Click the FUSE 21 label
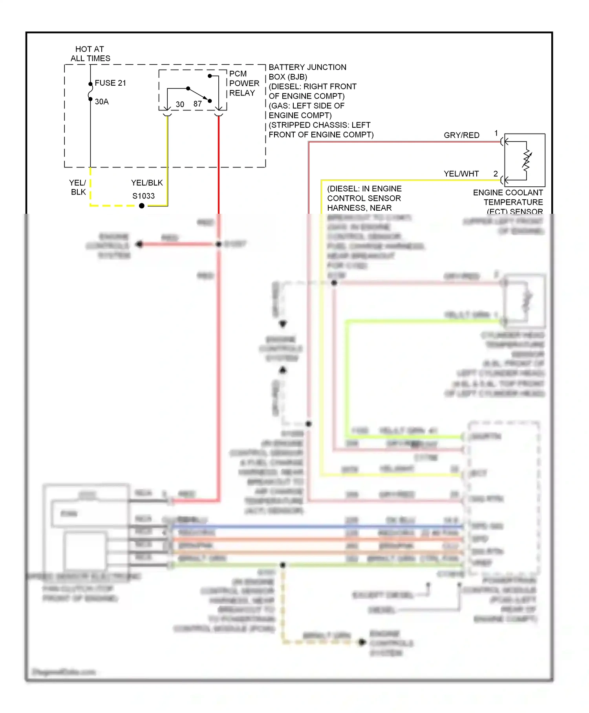click(110, 83)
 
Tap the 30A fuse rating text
click(102, 102)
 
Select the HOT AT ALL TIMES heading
click(90, 54)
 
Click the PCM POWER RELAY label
click(244, 83)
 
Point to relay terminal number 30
click(180, 105)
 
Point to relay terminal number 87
click(198, 104)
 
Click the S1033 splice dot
click(142, 206)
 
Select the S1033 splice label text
click(143, 196)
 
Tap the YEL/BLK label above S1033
click(147, 183)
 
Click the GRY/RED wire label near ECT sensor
click(461, 135)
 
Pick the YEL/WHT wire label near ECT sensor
click(461, 174)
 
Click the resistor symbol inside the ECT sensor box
click(527, 160)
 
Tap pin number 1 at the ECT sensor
click(496, 133)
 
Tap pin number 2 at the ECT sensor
click(496, 173)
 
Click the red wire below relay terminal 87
click(219, 165)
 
